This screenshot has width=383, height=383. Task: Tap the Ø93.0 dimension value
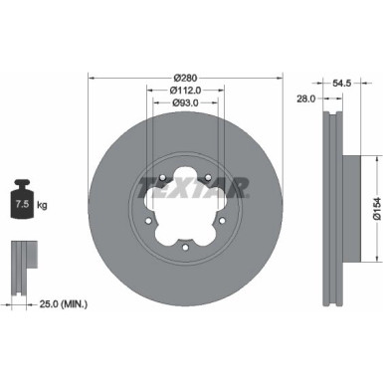(186, 102)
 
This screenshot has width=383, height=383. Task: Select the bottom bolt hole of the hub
(186, 250)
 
